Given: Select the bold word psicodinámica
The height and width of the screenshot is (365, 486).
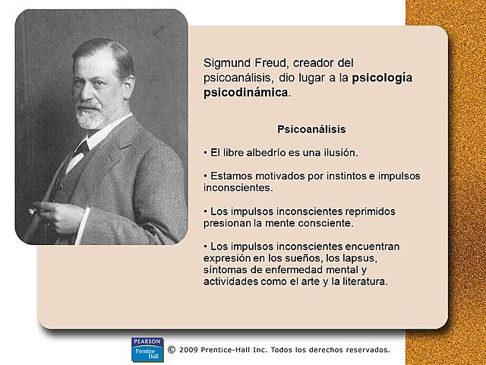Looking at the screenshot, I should click(246, 92).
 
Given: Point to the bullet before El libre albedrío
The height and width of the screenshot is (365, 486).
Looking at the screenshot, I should click(206, 152).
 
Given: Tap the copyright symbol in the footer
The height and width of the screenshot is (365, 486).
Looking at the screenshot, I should click(171, 350).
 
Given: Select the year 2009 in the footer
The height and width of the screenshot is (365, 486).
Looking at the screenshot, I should click(191, 350).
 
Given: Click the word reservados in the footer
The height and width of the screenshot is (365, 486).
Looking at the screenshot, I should click(365, 350).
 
